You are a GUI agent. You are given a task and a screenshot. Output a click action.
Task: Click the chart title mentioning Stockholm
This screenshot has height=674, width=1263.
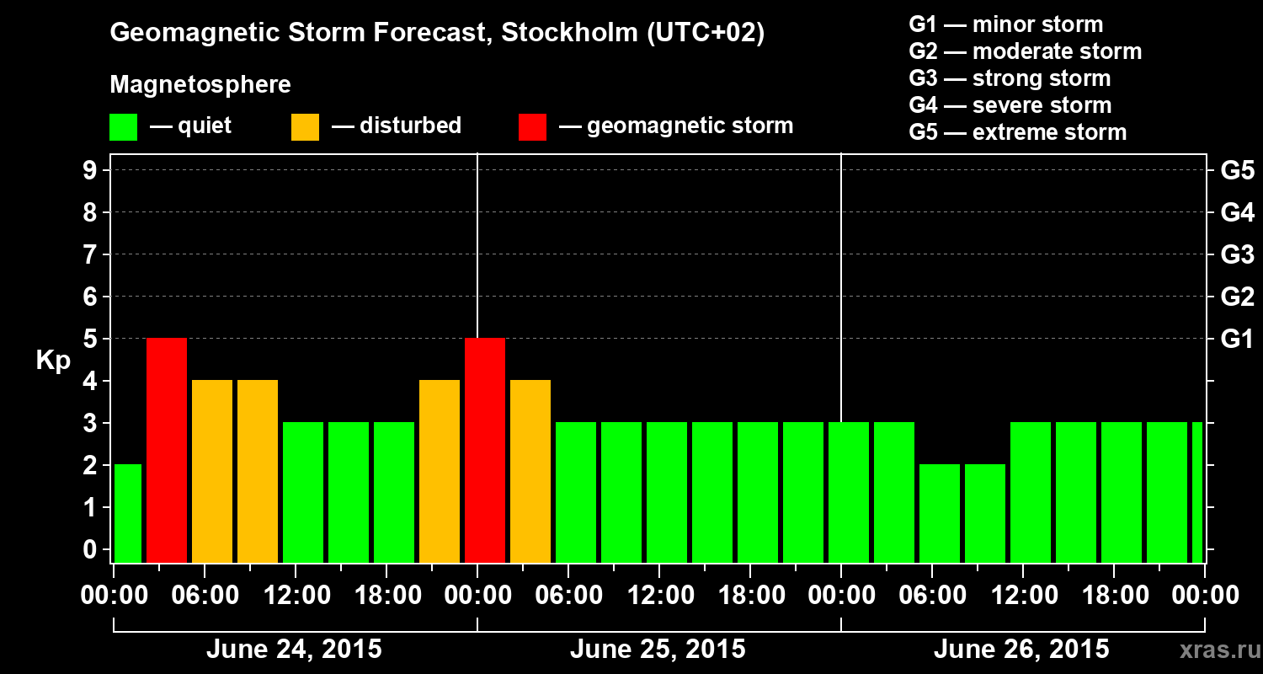coord(437,34)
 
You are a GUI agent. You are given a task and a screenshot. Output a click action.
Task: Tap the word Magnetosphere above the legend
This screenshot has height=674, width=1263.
coord(200,85)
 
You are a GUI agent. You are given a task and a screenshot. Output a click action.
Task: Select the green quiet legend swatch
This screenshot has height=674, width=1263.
coord(123,127)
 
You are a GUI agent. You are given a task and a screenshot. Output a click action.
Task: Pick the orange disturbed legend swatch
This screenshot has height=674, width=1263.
coord(305,127)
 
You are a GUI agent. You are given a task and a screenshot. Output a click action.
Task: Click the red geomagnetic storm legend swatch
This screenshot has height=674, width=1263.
coord(532,127)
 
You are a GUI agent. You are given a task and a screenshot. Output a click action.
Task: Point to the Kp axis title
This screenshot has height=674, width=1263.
coord(53,361)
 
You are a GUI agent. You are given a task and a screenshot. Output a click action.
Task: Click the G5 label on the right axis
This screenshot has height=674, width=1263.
coord(1237,171)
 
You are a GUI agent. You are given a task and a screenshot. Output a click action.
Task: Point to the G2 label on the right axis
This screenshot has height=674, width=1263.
coord(1237,297)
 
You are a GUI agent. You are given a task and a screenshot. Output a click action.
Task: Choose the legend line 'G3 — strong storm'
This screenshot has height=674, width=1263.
coord(1010,78)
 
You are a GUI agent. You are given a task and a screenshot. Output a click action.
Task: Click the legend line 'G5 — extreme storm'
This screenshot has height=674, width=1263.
coord(1017,132)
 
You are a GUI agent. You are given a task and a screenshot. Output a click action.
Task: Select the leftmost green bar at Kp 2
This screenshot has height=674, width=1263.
coord(128,513)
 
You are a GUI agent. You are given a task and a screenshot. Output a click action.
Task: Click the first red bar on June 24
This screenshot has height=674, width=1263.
coord(167,450)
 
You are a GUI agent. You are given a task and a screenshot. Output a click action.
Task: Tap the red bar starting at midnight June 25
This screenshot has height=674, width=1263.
coord(485,450)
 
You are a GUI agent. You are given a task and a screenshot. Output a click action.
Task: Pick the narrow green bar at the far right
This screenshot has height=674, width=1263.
coord(1197,492)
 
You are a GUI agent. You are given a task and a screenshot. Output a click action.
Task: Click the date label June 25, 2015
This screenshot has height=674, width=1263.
coord(658,650)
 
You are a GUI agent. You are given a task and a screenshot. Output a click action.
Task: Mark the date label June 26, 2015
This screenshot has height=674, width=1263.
coord(1021,650)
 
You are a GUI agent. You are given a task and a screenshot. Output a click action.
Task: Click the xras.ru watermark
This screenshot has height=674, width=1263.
coord(1214,650)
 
